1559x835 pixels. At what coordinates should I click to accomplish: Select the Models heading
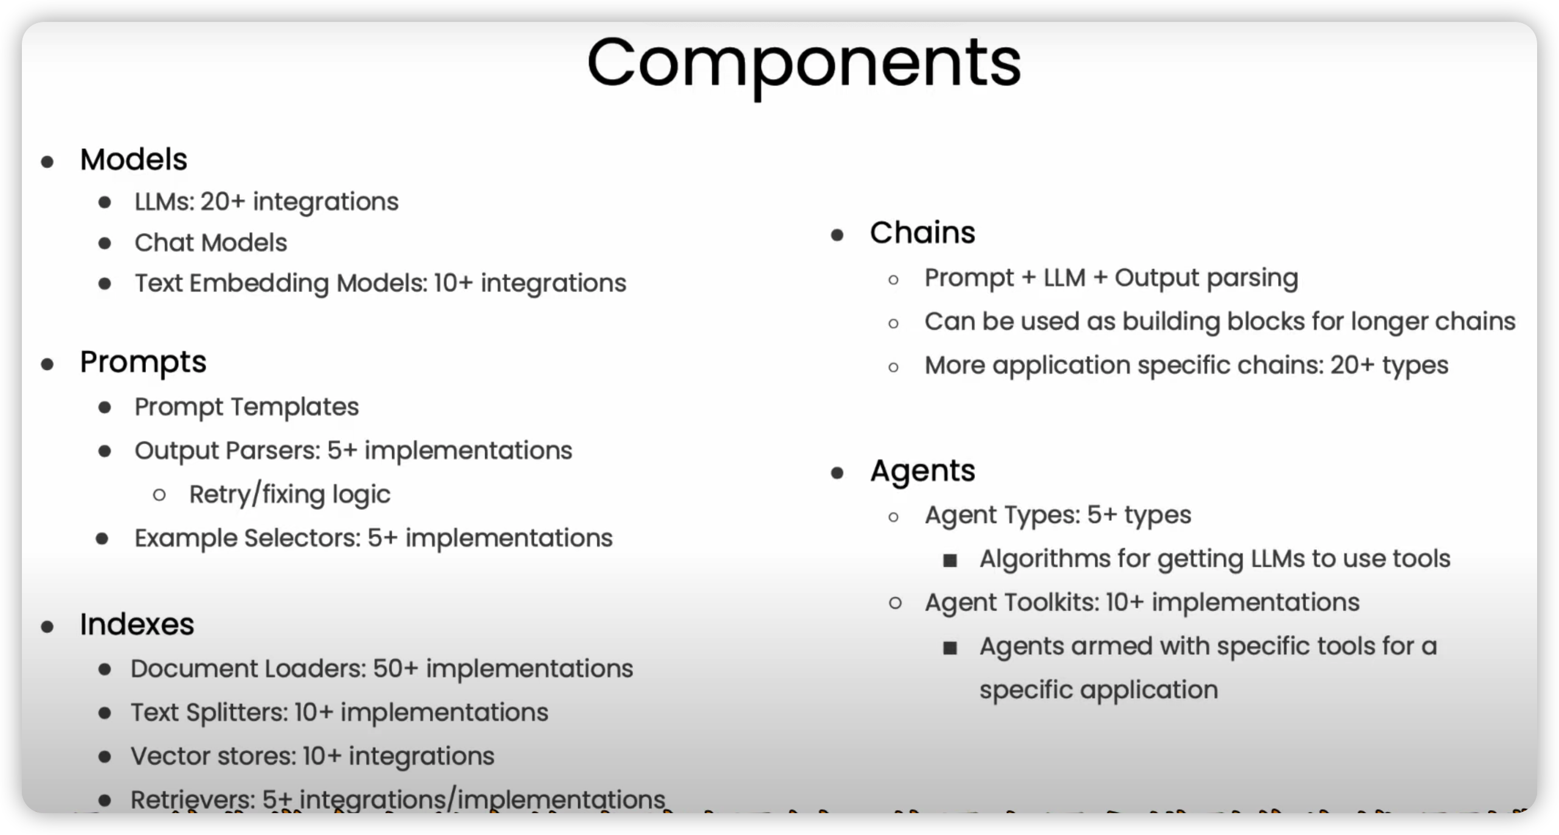tap(134, 160)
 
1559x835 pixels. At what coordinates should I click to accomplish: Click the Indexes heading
tap(137, 624)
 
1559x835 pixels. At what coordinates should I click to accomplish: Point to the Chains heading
tap(922, 233)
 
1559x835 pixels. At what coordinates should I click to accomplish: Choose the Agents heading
tap(922, 472)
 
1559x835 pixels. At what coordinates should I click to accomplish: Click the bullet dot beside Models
tap(47, 162)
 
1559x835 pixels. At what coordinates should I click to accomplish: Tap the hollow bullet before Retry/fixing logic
tap(159, 495)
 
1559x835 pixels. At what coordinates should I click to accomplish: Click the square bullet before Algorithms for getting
tap(950, 560)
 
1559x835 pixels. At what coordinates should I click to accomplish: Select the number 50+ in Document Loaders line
tap(395, 668)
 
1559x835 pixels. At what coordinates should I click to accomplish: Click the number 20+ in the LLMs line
tap(223, 202)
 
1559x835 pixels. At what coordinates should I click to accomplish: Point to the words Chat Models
tap(210, 242)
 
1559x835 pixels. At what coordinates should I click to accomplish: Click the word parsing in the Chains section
tap(1253, 279)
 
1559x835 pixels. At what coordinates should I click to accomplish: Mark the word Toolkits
tap(1051, 603)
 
